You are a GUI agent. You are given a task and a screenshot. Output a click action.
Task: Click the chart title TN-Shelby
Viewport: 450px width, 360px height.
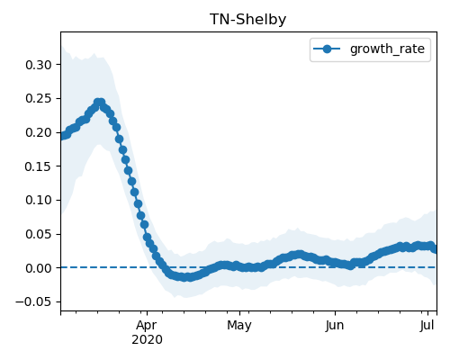coord(247,20)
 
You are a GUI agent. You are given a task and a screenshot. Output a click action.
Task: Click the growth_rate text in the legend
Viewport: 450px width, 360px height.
coord(387,49)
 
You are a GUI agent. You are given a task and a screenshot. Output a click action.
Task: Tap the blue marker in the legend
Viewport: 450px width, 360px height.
coord(327,49)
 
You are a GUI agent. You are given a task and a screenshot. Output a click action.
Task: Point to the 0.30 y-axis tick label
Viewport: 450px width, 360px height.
coord(39,65)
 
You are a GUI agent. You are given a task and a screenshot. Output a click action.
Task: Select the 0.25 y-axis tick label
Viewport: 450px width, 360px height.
coord(39,99)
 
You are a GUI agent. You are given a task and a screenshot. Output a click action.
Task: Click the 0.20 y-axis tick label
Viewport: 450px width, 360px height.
coord(39,132)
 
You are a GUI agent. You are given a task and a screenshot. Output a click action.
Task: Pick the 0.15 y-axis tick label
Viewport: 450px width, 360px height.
coord(39,166)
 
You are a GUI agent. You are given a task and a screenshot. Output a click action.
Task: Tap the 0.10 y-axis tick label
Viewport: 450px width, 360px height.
coord(39,200)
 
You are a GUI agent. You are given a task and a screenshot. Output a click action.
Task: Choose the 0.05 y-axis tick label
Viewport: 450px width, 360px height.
coord(39,234)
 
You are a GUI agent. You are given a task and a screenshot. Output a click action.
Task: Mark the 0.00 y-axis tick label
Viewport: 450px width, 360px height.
coord(39,268)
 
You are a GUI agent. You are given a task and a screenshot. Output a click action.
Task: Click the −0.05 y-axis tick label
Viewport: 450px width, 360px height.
coord(33,301)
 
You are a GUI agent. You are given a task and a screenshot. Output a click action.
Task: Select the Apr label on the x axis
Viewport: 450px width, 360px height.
coord(147,326)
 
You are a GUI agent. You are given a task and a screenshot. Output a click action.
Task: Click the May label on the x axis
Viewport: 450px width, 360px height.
coord(239,326)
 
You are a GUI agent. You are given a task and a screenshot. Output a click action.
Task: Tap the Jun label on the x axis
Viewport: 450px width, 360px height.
coord(335,326)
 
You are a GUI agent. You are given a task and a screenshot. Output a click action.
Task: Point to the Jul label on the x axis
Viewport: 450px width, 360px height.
coord(427,326)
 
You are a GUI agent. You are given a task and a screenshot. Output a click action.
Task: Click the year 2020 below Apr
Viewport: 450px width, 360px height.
coord(147,340)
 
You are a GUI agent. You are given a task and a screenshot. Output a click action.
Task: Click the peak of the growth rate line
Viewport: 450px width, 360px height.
coord(99,103)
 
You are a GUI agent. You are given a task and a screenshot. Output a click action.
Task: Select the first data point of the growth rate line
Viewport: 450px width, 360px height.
coord(63,136)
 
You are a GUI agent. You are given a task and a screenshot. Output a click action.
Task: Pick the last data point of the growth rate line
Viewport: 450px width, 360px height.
coord(435,249)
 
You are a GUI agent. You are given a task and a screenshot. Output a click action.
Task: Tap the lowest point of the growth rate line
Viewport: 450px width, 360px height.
coord(186,277)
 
